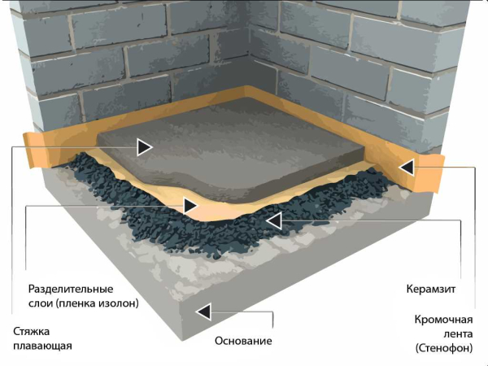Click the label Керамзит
(431, 289)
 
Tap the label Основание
(243, 341)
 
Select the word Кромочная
(443, 320)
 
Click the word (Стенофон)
(444, 347)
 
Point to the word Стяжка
(31, 332)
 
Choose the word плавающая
(42, 346)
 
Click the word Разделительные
(71, 289)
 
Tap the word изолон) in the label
(119, 303)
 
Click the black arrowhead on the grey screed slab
(144, 147)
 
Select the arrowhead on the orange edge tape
(407, 168)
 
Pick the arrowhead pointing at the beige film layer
(190, 206)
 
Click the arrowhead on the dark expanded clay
(274, 221)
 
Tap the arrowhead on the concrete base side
(203, 312)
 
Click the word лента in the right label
(458, 334)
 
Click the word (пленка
(76, 303)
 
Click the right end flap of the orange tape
(432, 172)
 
